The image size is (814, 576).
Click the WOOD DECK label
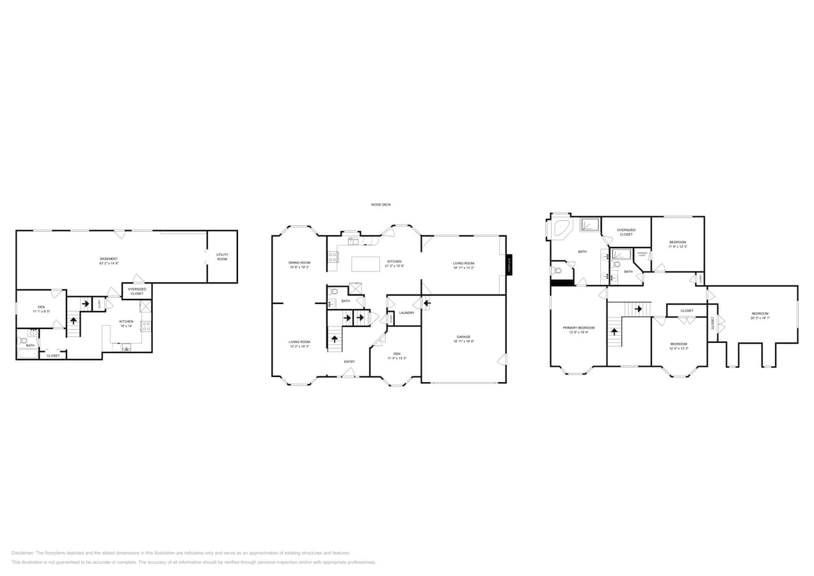[380, 205]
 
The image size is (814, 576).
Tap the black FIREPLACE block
[509, 264]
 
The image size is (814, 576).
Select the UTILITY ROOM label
[222, 257]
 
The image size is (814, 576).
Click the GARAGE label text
[463, 337]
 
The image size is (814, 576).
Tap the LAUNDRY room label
[407, 313]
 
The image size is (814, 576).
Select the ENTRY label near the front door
[349, 362]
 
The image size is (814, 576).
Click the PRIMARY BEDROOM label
[579, 328]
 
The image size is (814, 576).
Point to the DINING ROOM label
[299, 262]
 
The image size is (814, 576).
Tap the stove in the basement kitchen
[146, 326]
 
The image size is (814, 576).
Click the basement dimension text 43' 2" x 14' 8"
[109, 263]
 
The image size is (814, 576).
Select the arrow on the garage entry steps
[426, 303]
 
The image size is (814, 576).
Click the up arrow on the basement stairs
[74, 320]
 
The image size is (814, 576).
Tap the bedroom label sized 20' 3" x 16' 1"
[760, 314]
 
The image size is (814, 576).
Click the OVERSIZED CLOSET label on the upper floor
[626, 232]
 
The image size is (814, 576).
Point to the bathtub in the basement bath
[28, 353]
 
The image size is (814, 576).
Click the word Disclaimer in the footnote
[23, 553]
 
